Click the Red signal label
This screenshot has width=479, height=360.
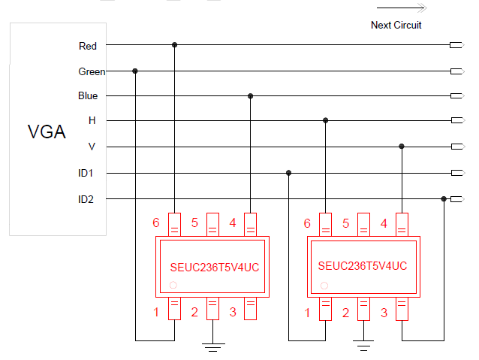pos(88,47)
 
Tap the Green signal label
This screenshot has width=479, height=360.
pos(92,72)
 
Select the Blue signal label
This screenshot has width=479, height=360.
pos(88,96)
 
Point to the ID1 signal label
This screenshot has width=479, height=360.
pos(86,174)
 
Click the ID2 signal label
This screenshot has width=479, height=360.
pos(86,199)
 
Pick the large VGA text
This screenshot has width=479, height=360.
pos(47,133)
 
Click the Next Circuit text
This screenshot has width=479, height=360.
pos(396,26)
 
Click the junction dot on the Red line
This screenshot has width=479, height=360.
pos(175,45)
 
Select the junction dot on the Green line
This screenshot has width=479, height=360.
pos(135,71)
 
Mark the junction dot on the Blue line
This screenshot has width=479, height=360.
pos(250,96)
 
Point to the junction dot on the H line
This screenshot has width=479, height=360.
pos(325,120)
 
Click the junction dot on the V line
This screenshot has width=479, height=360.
pos(402,146)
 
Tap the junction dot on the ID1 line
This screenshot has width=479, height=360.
pos(288,173)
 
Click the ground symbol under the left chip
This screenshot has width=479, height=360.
pos(213,347)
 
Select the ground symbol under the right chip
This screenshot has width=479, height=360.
pos(363,346)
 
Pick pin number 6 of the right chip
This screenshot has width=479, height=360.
pos(307,223)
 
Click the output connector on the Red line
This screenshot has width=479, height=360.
pos(455,46)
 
